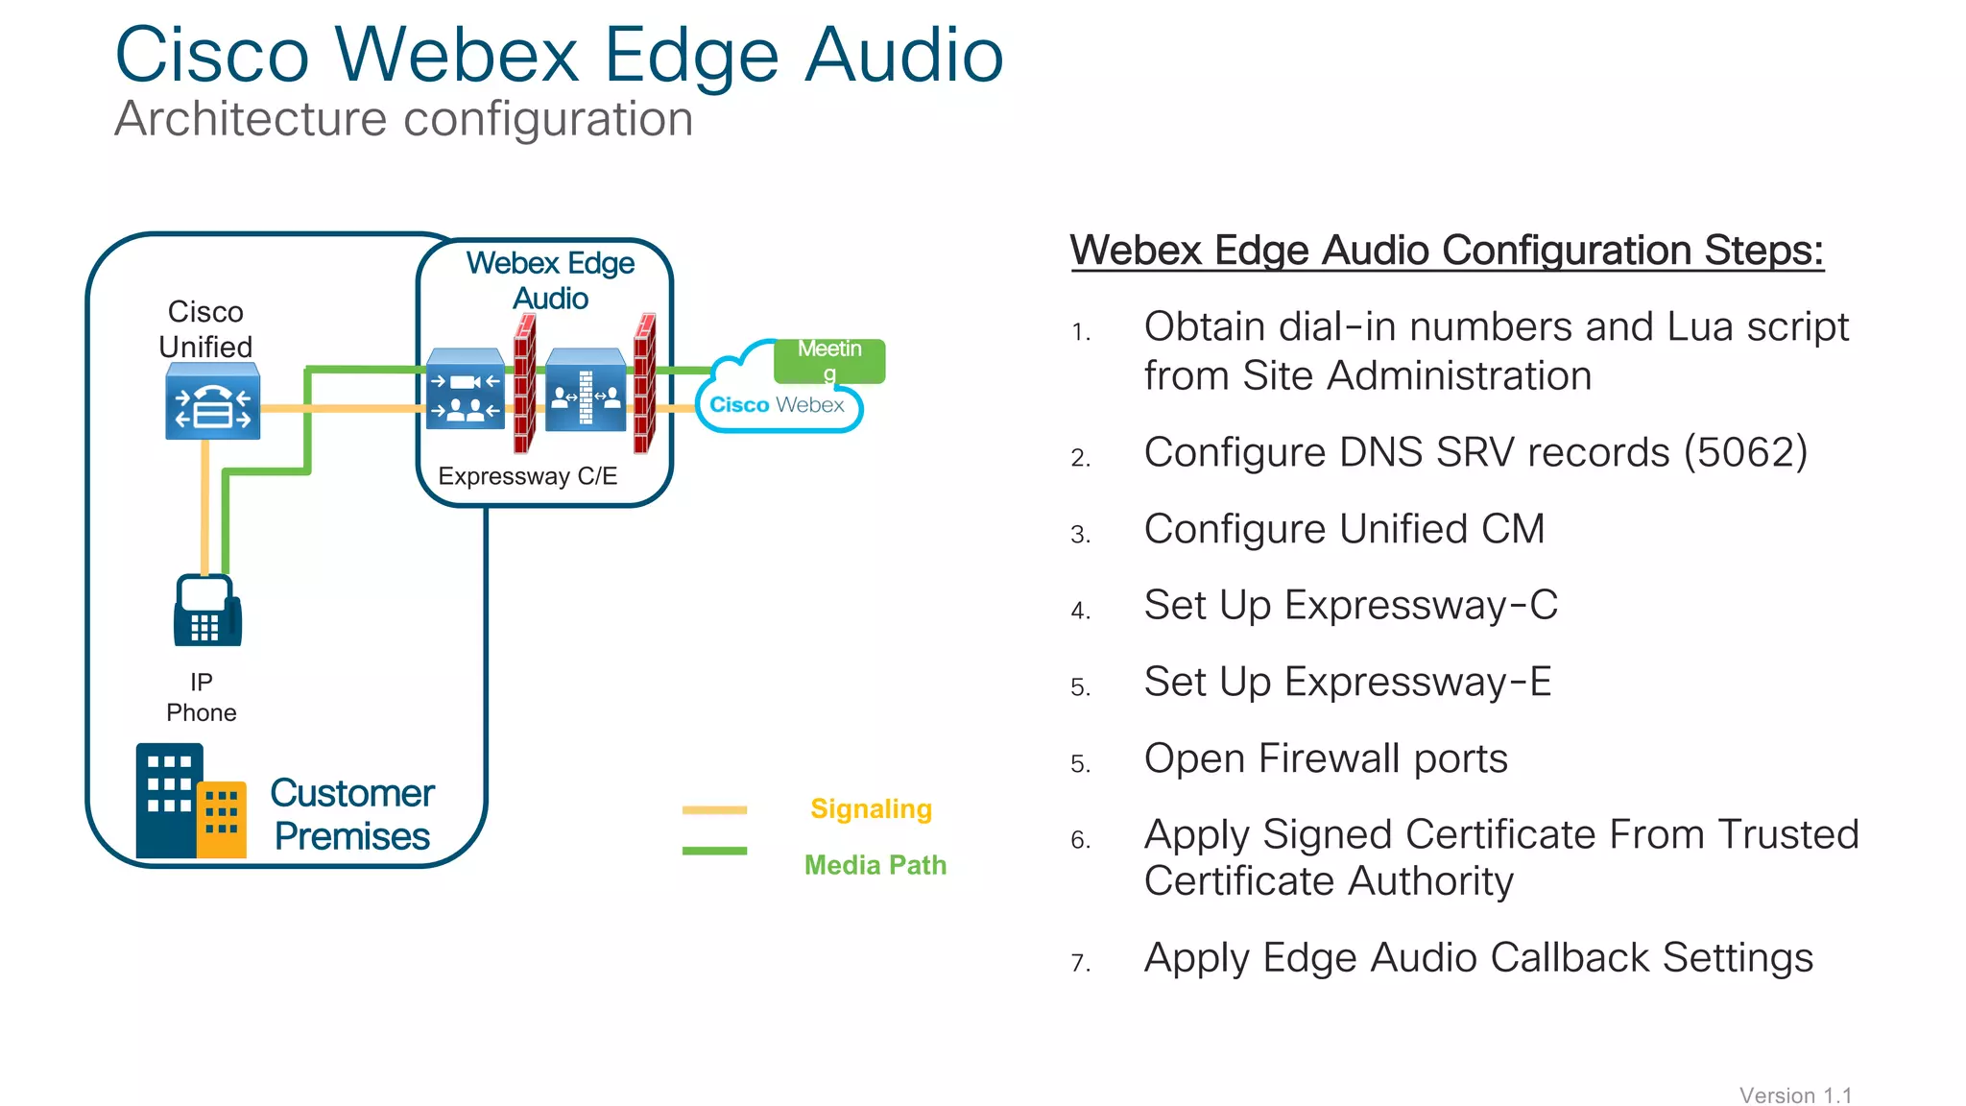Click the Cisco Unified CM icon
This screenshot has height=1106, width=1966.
click(x=212, y=402)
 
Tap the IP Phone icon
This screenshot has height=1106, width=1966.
click(x=206, y=611)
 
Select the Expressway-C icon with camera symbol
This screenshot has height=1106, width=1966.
click(x=466, y=391)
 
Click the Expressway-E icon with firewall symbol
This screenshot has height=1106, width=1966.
click(x=586, y=392)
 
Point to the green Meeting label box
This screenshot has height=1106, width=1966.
click(x=829, y=361)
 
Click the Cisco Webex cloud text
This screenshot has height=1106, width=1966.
click(x=777, y=405)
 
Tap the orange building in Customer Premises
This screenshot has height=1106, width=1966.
click(x=222, y=819)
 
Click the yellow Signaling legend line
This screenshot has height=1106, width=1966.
click(x=714, y=810)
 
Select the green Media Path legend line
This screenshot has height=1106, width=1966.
click(x=714, y=851)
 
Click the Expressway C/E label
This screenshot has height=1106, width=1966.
click(x=527, y=476)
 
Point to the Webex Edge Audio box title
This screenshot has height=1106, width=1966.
click(x=550, y=280)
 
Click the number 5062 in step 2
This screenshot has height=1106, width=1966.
click(x=1745, y=452)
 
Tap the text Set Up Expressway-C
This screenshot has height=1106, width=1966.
click(x=1350, y=605)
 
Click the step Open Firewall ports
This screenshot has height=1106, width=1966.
click(x=1325, y=758)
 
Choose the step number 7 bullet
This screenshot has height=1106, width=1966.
click(x=1080, y=963)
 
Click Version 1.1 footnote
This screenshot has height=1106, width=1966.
click(x=1795, y=1095)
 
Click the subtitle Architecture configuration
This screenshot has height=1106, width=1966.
click(x=403, y=119)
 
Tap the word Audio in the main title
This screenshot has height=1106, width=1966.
click(x=903, y=55)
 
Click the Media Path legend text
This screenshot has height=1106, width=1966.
click(x=875, y=865)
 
